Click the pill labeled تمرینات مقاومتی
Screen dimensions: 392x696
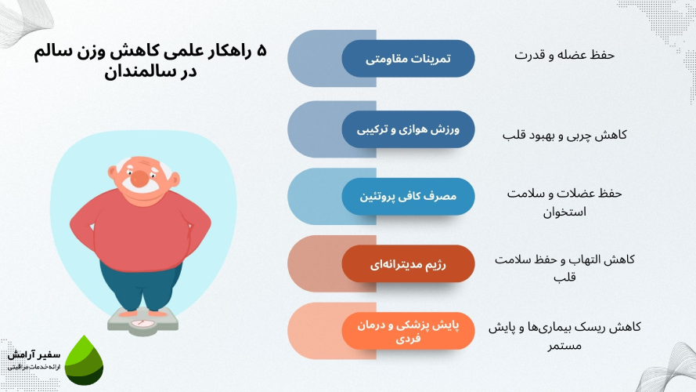point(409,59)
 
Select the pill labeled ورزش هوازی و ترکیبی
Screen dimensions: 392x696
point(409,129)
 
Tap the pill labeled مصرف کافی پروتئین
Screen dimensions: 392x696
point(409,197)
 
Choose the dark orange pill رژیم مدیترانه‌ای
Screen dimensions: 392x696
point(409,263)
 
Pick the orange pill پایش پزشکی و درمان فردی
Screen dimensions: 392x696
point(409,329)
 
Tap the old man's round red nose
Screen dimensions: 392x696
point(139,179)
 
